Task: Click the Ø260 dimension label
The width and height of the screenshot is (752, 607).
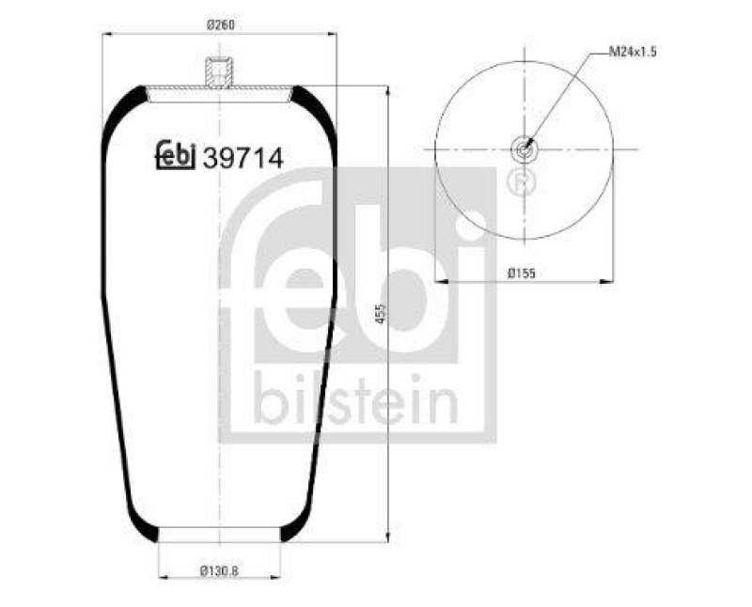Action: (219, 24)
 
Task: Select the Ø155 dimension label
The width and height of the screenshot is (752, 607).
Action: (522, 273)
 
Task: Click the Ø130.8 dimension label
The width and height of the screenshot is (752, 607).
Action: (219, 570)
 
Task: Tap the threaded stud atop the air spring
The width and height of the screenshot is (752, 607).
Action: (219, 73)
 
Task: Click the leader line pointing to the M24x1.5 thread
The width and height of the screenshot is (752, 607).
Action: (560, 99)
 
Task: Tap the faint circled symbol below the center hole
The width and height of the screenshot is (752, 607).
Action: (518, 180)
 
